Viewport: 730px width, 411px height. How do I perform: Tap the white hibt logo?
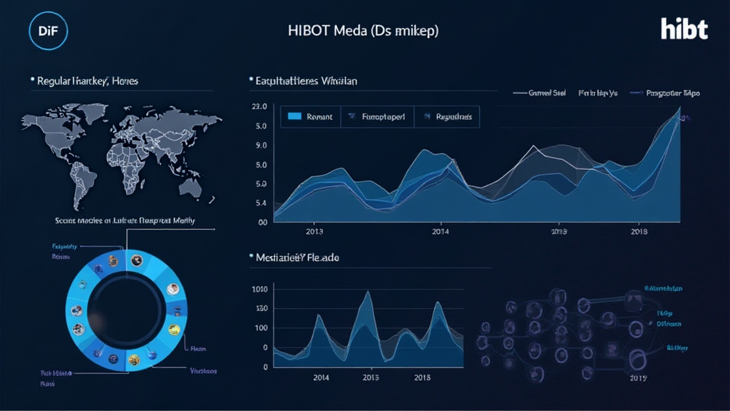(684, 29)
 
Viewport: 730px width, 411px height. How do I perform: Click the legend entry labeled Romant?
(319, 117)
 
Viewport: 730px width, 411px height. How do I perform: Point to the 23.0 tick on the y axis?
(259, 107)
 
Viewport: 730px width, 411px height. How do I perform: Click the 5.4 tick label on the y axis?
(260, 203)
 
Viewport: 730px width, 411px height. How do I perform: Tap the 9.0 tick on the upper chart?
(260, 146)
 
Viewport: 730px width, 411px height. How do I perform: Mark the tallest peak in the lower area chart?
(367, 292)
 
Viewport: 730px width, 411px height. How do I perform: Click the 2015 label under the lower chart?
(371, 377)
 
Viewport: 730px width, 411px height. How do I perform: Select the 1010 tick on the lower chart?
(259, 289)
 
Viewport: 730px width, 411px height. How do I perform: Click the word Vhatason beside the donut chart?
(203, 371)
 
